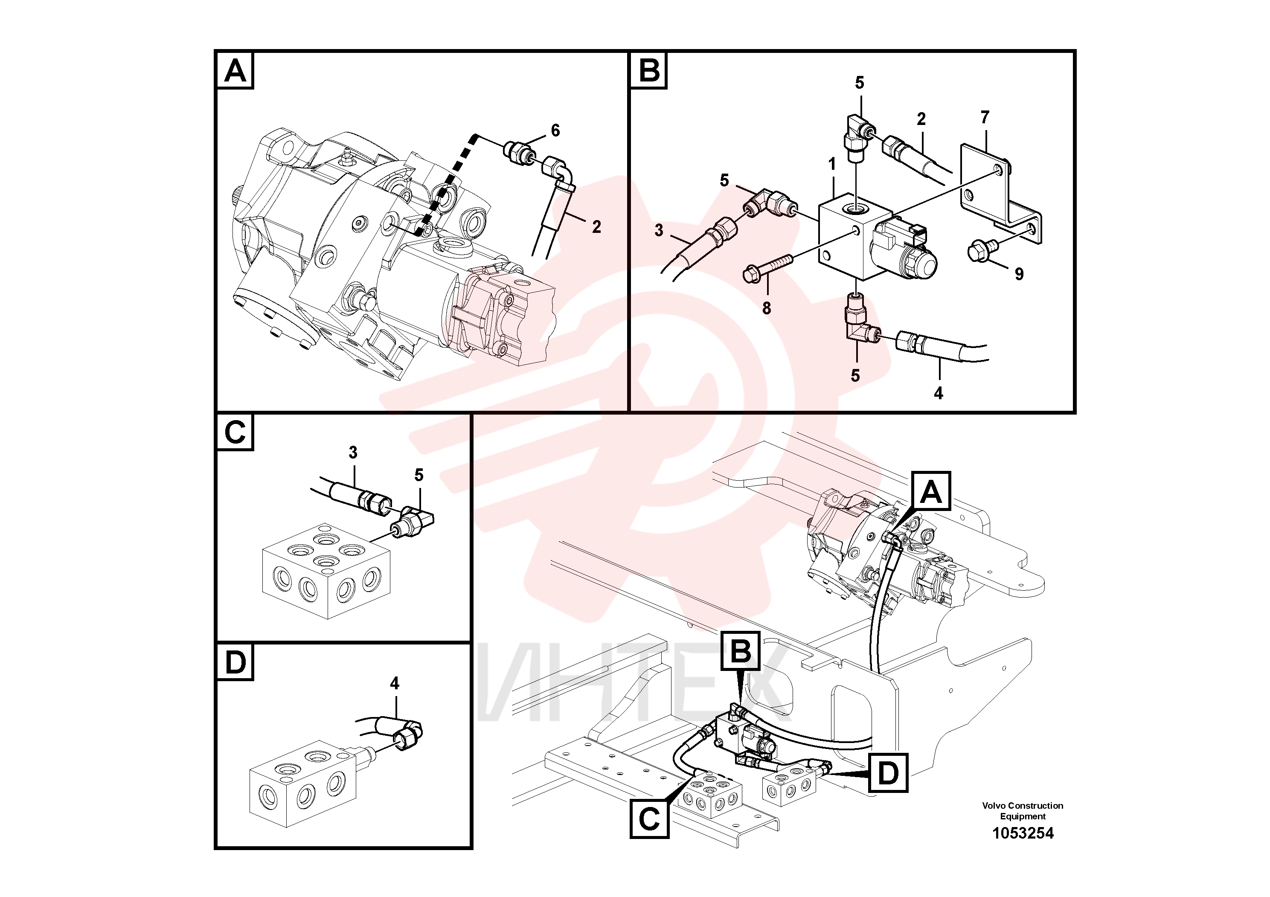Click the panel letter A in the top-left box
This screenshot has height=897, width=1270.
[x=235, y=71]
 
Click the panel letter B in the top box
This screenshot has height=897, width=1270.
[x=649, y=71]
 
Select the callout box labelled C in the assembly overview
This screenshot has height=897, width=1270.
[x=649, y=819]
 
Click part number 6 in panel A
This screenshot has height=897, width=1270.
[x=555, y=131]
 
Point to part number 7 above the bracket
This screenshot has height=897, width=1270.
[x=985, y=117]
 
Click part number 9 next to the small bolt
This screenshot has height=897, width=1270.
[x=1019, y=274]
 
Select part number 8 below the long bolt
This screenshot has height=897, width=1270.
[x=766, y=308]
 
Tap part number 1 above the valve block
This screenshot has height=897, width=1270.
[x=831, y=164]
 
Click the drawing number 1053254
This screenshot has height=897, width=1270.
[x=1023, y=833]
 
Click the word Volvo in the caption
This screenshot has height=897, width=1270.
[x=994, y=806]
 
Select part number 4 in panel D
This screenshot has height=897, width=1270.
[x=394, y=684]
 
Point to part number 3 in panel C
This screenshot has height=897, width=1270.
[x=353, y=453]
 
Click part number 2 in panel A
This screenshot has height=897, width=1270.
[x=596, y=227]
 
